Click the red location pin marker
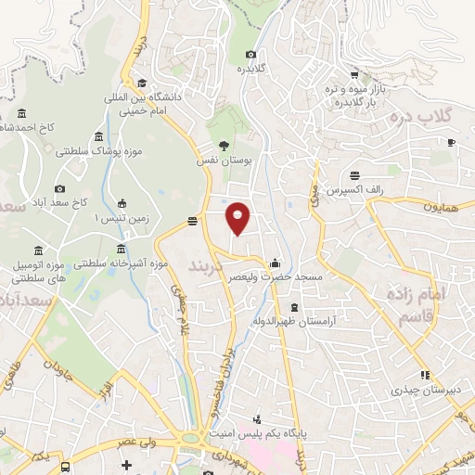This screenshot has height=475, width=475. coord(238,218)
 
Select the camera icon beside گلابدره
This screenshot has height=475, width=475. coord(251,56)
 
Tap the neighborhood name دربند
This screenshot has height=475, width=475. coord(206,266)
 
